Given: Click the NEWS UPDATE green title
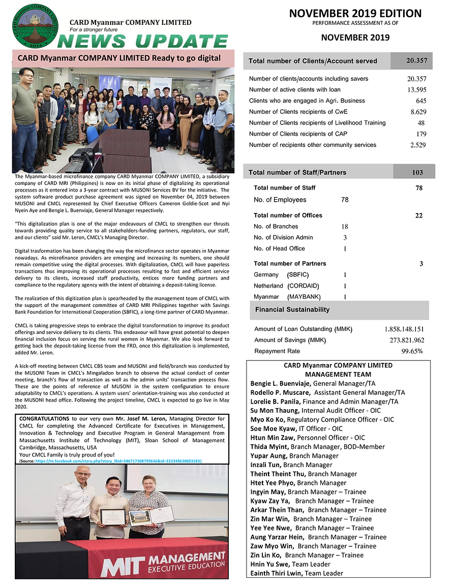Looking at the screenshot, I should click(x=143, y=41).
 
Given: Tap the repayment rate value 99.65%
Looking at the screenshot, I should click(x=412, y=351).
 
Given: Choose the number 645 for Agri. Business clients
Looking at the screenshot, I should click(x=420, y=101).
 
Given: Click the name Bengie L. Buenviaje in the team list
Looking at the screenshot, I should click(x=281, y=383).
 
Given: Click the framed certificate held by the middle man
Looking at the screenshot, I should click(x=112, y=516).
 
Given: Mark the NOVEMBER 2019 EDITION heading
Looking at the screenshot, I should click(x=355, y=14).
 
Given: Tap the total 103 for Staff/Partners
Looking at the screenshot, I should click(x=417, y=173).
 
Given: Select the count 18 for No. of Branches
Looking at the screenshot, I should click(x=345, y=227).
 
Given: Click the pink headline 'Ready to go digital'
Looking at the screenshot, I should click(x=119, y=58).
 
